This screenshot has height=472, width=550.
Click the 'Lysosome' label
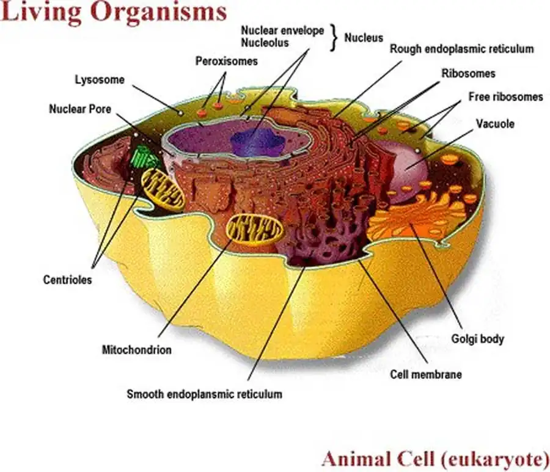tap(100, 80)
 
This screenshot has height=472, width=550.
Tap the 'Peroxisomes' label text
tap(227, 61)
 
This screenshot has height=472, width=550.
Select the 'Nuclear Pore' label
tap(80, 109)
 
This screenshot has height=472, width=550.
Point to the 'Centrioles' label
tap(67, 280)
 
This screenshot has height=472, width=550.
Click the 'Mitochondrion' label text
tap(136, 350)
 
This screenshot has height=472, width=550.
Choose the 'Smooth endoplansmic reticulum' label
tap(204, 394)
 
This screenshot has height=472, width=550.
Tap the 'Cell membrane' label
tap(426, 374)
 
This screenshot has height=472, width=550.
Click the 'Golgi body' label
tap(477, 338)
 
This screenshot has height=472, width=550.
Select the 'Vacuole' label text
tap(495, 123)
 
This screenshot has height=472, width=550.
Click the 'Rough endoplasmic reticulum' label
tap(461, 48)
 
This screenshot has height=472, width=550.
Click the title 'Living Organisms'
tap(114, 12)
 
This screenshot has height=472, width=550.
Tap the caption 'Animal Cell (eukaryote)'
tap(435, 458)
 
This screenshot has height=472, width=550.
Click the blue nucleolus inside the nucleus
tap(257, 142)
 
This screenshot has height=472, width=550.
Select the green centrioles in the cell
tap(145, 157)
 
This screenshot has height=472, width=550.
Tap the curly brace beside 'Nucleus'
tap(334, 37)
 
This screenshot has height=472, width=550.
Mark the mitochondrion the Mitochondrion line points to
tap(255, 230)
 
